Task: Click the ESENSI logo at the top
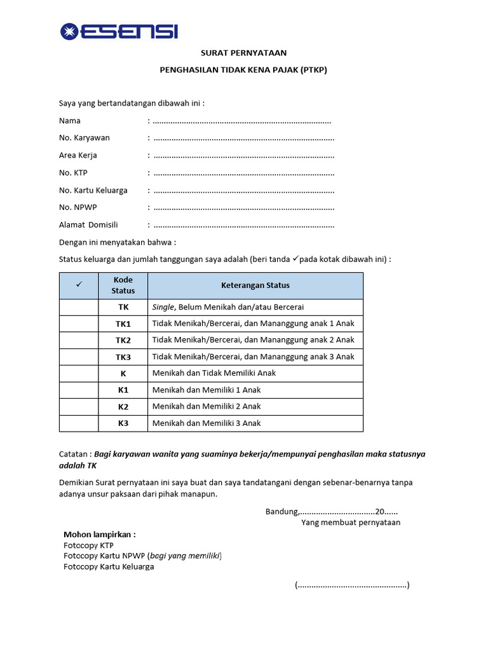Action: (x=119, y=31)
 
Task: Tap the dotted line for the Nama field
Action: (x=242, y=121)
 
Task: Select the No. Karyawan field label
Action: (x=85, y=137)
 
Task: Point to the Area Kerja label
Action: (x=78, y=155)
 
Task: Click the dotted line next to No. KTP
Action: (x=243, y=173)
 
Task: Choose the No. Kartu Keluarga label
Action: (x=93, y=190)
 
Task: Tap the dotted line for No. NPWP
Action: (x=243, y=208)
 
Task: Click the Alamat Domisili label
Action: (x=88, y=225)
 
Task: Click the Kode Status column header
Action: (x=123, y=285)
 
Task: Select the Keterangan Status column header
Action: (x=255, y=285)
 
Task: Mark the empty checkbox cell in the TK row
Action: (x=79, y=307)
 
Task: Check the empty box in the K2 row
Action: (x=79, y=406)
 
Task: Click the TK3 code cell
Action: (x=123, y=357)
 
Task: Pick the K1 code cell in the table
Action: (x=123, y=390)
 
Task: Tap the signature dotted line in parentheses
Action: (x=352, y=586)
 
